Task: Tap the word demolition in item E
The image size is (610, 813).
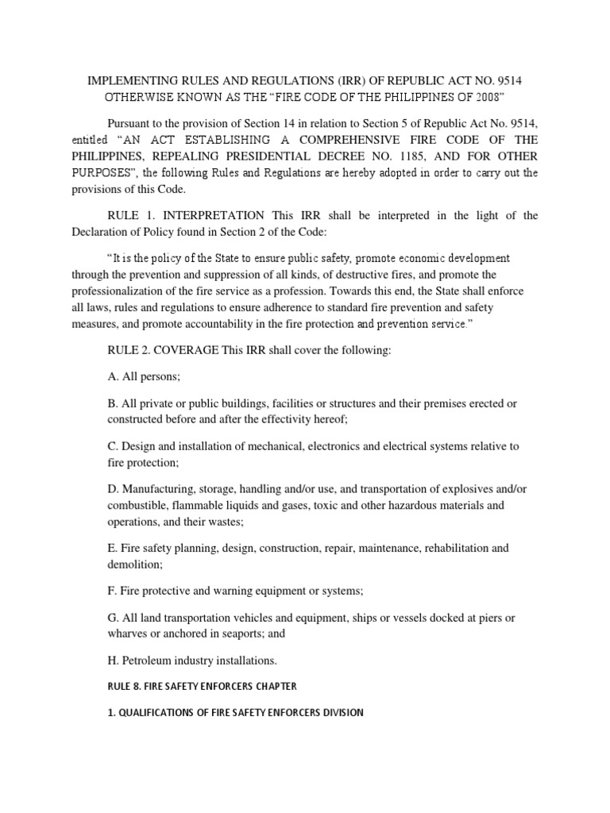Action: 133,564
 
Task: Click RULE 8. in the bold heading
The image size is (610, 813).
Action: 122,685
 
